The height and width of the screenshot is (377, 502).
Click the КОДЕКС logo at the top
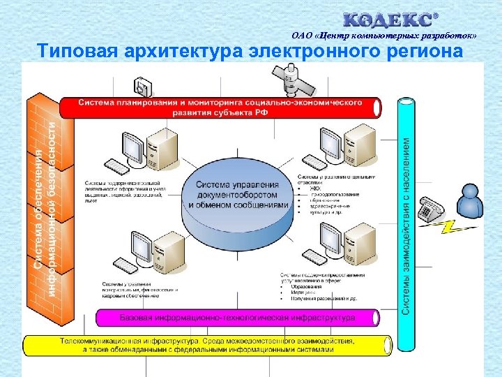[391, 19]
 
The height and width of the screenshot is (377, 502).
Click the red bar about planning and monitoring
[220, 108]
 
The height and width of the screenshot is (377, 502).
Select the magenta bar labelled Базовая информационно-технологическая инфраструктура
[237, 318]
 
